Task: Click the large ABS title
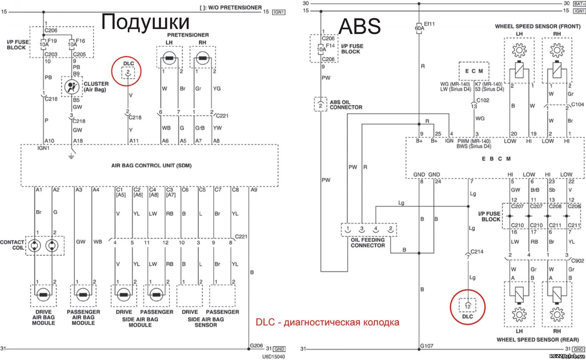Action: pos(360,26)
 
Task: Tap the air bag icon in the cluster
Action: pos(71,87)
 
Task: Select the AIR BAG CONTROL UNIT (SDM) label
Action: pos(152,165)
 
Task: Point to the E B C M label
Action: pos(496,159)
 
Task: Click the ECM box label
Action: pos(474,71)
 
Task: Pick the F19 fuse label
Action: pos(52,41)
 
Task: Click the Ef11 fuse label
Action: pos(429,24)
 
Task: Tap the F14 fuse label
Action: pos(330,46)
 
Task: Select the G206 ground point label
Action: pos(256,345)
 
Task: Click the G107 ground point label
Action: pos(427,346)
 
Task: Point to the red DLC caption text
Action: pos(327,322)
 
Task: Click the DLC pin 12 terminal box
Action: pos(468,305)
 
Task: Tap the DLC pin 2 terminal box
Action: pos(128,73)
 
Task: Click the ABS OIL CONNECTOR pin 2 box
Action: pos(320,104)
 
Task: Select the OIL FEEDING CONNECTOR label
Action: pos(368,243)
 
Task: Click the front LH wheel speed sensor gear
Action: pos(519,50)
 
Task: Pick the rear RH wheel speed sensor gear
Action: pos(557,314)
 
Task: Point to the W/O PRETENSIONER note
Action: pos(231,7)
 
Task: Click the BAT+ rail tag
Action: pos(579,4)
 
